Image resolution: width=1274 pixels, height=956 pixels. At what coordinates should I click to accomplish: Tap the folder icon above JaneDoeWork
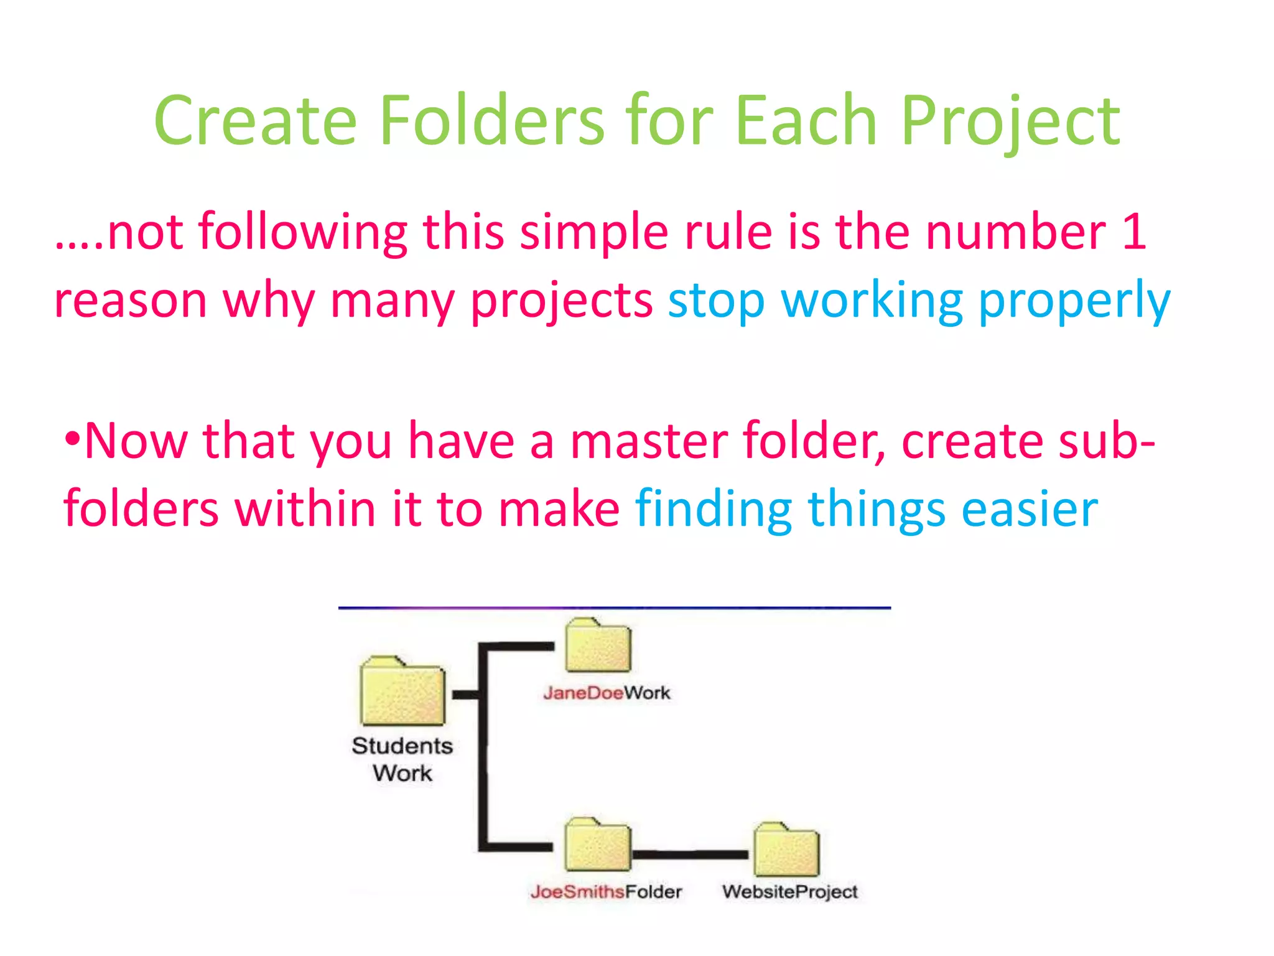(x=598, y=647)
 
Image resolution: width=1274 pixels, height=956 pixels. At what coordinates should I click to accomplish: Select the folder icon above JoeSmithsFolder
(x=598, y=846)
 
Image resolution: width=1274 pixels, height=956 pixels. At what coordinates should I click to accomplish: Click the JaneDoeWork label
(x=607, y=693)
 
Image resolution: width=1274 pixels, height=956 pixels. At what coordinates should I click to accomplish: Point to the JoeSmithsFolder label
(x=606, y=892)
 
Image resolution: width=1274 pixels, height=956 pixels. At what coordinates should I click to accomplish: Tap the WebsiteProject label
(x=789, y=892)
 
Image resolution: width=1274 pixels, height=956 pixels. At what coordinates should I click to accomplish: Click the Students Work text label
(x=402, y=759)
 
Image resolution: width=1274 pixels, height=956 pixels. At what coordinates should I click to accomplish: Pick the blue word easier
(x=1030, y=509)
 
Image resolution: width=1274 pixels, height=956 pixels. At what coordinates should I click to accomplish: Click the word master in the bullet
(x=649, y=441)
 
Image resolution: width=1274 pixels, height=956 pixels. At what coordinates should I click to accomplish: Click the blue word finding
(x=714, y=509)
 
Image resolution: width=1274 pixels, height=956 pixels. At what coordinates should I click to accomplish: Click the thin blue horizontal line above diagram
(x=614, y=607)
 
